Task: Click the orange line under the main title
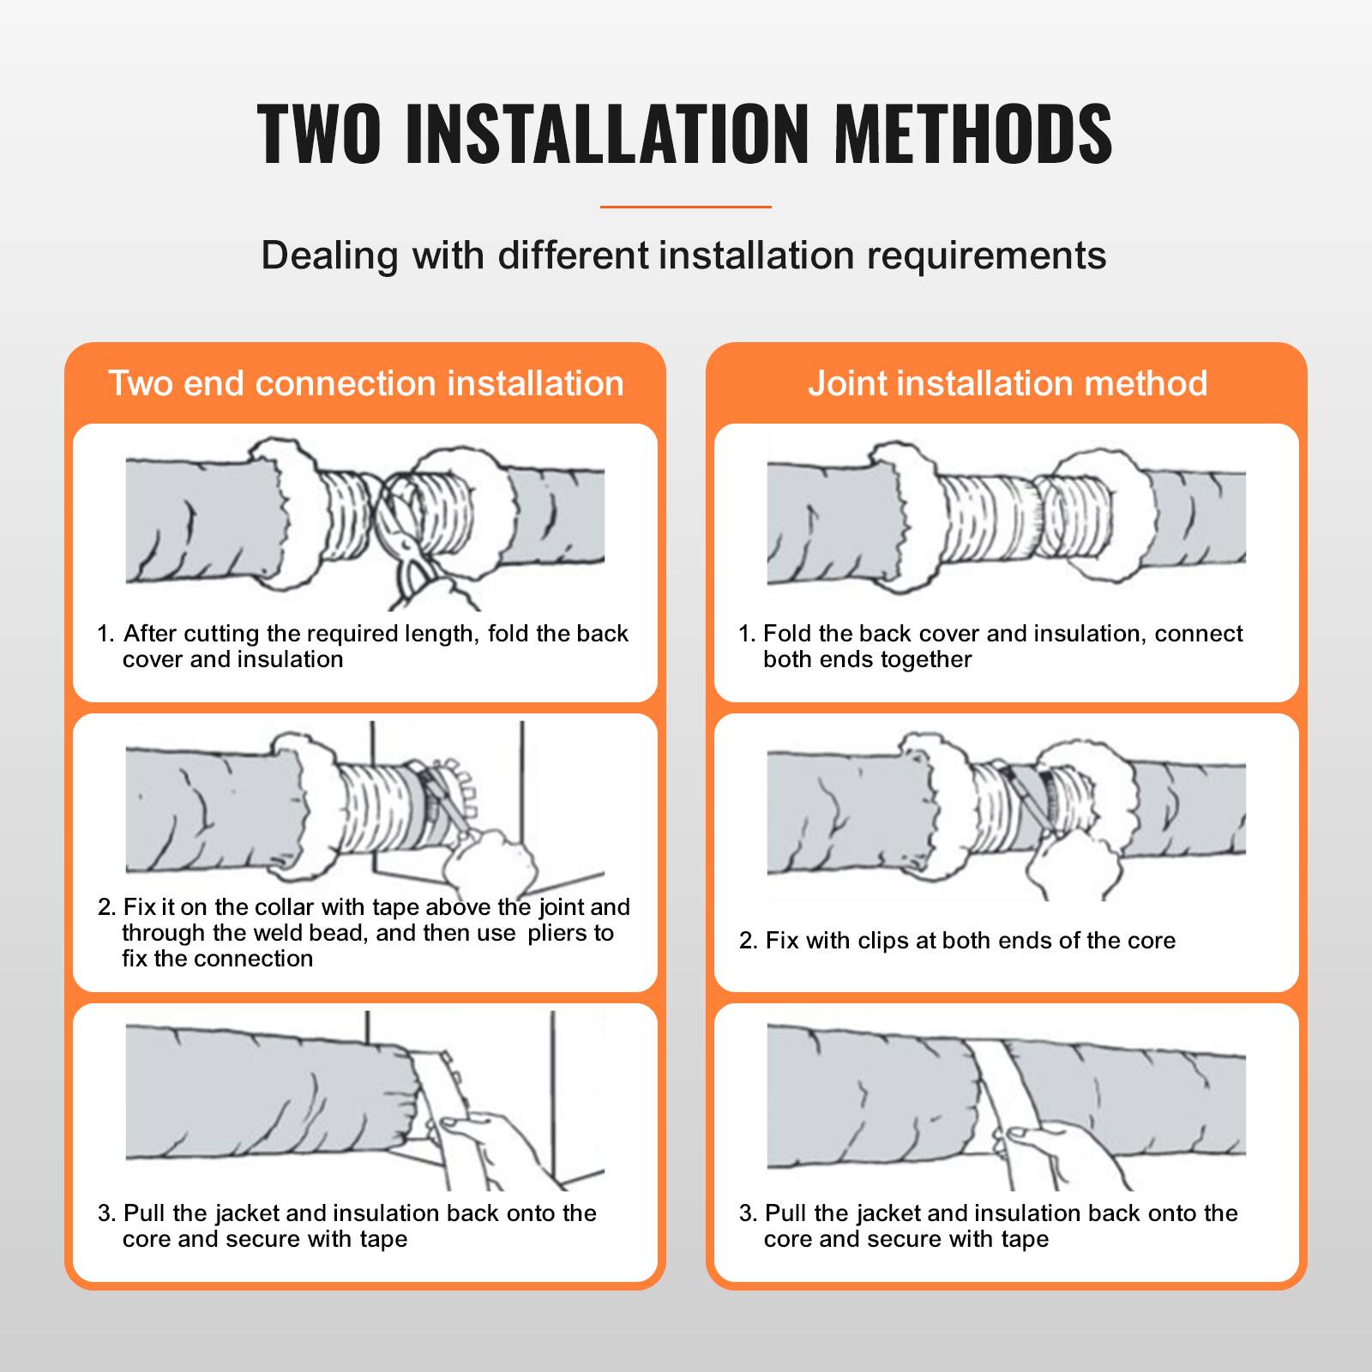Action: (x=686, y=207)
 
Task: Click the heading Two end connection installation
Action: (x=366, y=383)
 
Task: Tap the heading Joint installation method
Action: (x=1008, y=383)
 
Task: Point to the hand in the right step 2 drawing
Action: (x=1063, y=857)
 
